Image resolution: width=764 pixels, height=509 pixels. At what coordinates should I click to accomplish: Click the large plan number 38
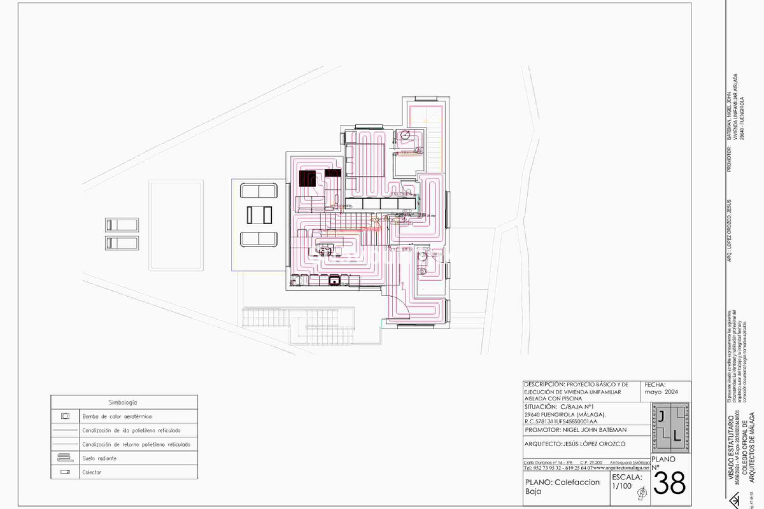(x=670, y=484)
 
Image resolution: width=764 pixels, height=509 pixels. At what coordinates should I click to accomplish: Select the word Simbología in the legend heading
(x=123, y=402)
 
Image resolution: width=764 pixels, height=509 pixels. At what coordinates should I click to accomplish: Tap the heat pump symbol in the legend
(x=65, y=416)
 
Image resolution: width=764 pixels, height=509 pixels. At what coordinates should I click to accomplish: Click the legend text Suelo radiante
(x=99, y=458)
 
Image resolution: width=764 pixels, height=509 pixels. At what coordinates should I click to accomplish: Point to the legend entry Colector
(x=92, y=472)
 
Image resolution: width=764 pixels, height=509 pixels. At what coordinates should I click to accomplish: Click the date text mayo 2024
(x=661, y=392)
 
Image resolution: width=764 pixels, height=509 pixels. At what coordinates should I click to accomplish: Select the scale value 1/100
(x=622, y=486)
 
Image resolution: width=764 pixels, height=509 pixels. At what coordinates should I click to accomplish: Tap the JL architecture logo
(x=670, y=428)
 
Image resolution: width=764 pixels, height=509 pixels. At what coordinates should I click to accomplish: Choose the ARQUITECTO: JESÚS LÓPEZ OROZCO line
(x=575, y=444)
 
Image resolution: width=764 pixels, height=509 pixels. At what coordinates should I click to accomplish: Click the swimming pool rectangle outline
(x=176, y=225)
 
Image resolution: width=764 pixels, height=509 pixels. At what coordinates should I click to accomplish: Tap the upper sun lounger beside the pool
(x=122, y=225)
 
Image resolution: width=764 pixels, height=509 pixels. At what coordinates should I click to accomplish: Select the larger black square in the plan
(x=307, y=179)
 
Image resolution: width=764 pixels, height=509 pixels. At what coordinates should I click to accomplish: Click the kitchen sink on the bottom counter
(x=334, y=281)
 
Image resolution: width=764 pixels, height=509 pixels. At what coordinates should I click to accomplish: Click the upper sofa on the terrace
(x=259, y=191)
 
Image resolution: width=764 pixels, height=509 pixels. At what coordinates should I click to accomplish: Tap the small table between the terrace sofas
(x=259, y=215)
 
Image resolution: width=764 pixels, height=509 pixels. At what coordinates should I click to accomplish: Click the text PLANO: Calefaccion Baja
(x=562, y=487)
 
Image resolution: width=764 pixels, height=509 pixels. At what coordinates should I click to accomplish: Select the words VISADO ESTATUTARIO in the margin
(x=731, y=441)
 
